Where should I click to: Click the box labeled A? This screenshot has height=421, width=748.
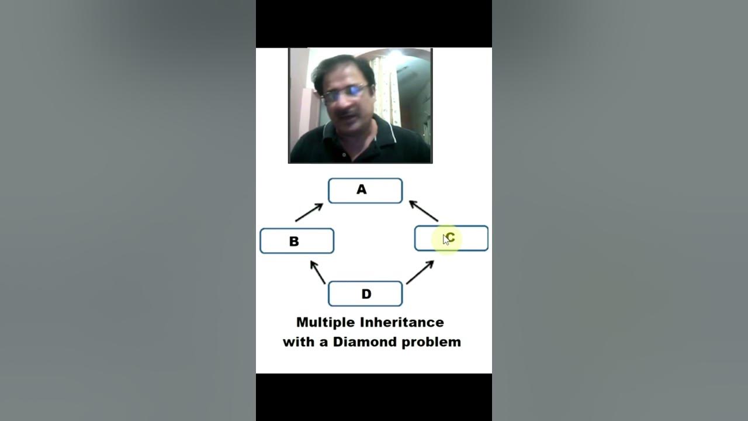click(x=365, y=191)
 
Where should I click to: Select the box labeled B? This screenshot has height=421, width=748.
click(x=297, y=241)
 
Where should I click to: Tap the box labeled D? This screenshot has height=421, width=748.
click(x=365, y=294)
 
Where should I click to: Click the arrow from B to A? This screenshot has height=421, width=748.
click(x=309, y=212)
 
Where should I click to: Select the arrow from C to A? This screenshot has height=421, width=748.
click(x=424, y=211)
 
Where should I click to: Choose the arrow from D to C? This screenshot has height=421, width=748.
click(x=420, y=272)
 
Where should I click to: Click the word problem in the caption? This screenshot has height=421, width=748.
click(x=431, y=342)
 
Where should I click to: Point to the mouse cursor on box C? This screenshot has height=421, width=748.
click(x=446, y=239)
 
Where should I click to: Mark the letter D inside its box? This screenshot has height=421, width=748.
click(x=366, y=294)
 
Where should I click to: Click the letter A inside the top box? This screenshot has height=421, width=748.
click(x=362, y=190)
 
